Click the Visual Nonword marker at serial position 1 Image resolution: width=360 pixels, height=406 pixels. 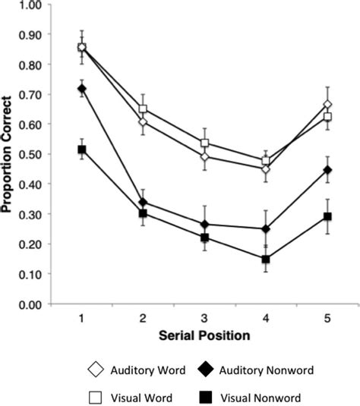click(x=82, y=149)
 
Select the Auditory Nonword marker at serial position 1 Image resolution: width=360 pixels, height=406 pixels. click(x=82, y=89)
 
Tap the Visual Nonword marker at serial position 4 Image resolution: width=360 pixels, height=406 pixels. click(x=266, y=260)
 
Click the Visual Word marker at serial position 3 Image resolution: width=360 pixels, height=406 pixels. click(x=205, y=143)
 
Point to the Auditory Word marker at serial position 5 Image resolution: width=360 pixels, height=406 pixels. click(x=327, y=105)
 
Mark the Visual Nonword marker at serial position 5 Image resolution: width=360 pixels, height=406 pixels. click(x=327, y=217)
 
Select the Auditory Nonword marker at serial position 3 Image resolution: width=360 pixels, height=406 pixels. click(x=205, y=225)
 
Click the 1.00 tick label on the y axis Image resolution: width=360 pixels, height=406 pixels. click(x=30, y=6)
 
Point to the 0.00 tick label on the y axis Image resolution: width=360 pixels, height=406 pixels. click(x=30, y=304)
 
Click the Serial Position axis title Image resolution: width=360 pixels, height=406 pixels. click(x=205, y=335)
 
